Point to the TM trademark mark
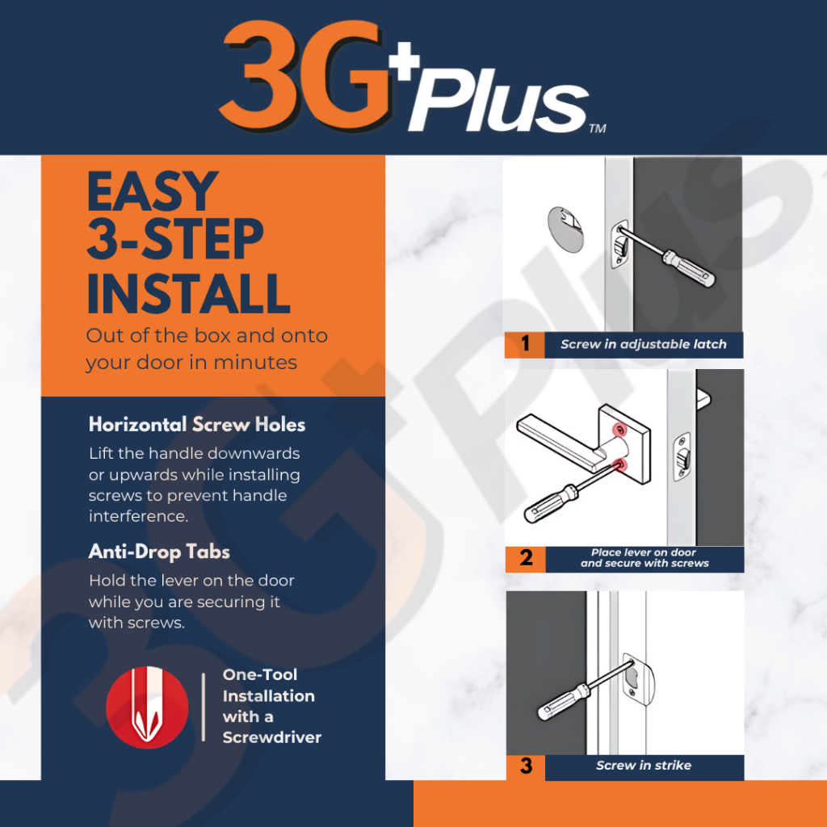(598, 128)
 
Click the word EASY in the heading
(153, 192)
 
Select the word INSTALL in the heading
(188, 293)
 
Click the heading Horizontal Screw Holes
(197, 425)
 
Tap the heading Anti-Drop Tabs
(159, 552)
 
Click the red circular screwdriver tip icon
(147, 707)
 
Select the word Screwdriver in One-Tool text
(271, 737)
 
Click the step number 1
(525, 344)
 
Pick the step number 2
(526, 558)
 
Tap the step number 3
(526, 766)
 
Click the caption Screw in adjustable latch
(644, 344)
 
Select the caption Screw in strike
(644, 766)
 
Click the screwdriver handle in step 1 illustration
(689, 269)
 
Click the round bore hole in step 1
(566, 229)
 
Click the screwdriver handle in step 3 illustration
(563, 703)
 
